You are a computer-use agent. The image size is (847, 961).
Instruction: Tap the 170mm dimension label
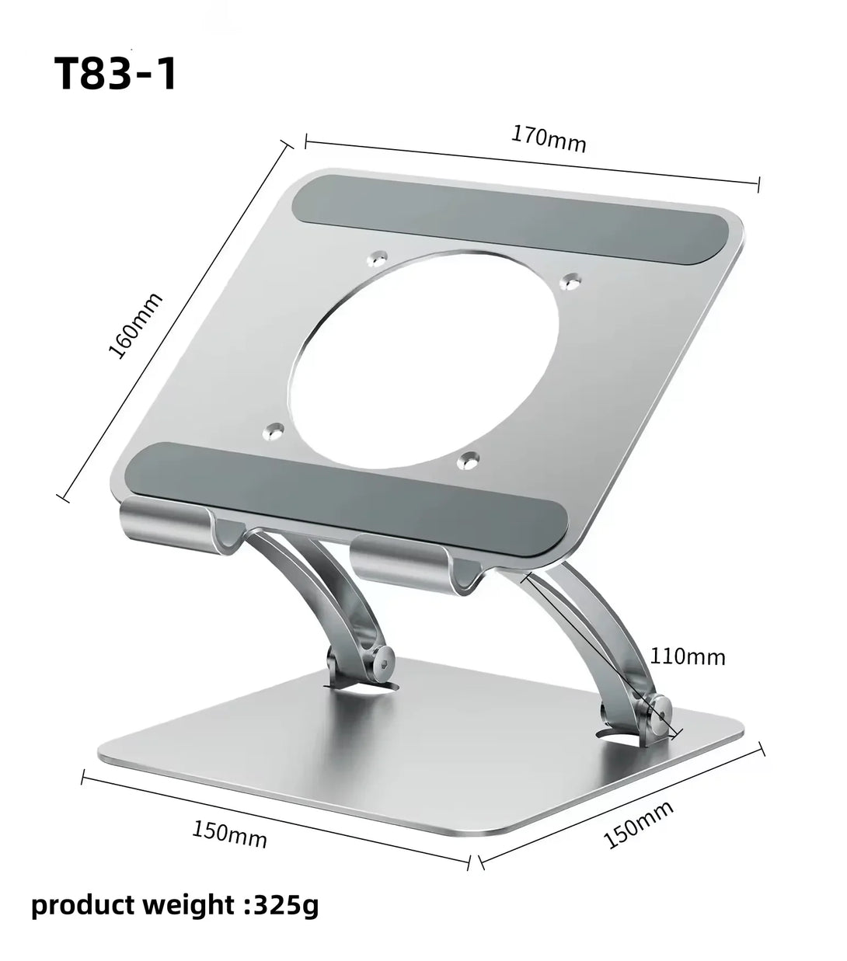coord(548,138)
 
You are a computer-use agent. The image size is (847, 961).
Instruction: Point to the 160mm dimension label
coord(135,326)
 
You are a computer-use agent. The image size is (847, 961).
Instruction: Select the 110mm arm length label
coord(687,657)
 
